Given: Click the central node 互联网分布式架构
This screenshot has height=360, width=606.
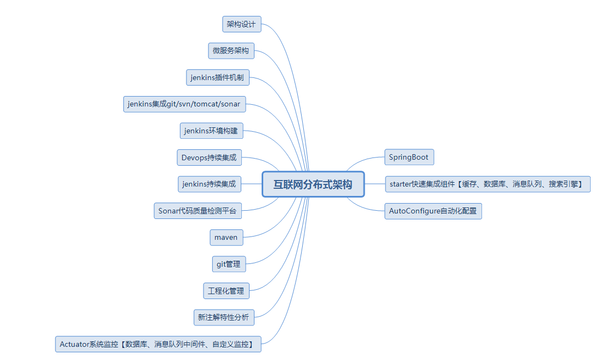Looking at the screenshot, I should pyautogui.click(x=313, y=184).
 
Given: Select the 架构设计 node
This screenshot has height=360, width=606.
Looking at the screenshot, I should pyautogui.click(x=241, y=24).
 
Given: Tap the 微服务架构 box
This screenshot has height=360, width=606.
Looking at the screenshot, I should pyautogui.click(x=231, y=51).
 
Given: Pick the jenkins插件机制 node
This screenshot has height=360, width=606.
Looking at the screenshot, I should pyautogui.click(x=218, y=77).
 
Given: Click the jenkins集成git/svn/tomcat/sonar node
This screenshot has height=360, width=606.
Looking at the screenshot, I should pyautogui.click(x=184, y=104).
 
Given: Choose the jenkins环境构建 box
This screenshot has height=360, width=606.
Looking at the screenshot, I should pyautogui.click(x=211, y=131).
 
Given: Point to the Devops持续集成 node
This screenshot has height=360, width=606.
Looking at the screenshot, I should pyautogui.click(x=209, y=157).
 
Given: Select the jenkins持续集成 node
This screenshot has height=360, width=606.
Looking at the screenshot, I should pyautogui.click(x=210, y=184).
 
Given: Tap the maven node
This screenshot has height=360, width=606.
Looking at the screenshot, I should pyautogui.click(x=226, y=237).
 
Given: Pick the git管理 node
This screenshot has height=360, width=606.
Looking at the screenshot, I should pyautogui.click(x=229, y=264).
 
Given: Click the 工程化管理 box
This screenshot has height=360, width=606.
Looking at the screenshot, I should pyautogui.click(x=226, y=290).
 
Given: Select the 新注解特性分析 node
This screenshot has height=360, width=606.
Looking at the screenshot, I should pyautogui.click(x=223, y=317).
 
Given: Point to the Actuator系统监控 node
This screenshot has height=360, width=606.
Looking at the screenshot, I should pyautogui.click(x=158, y=344).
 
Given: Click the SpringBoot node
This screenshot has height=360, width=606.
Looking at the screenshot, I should pyautogui.click(x=409, y=157).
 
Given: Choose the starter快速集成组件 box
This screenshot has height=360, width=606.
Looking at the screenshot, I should pyautogui.click(x=487, y=184).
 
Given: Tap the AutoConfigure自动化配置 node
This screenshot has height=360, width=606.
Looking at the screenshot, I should pyautogui.click(x=433, y=211).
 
